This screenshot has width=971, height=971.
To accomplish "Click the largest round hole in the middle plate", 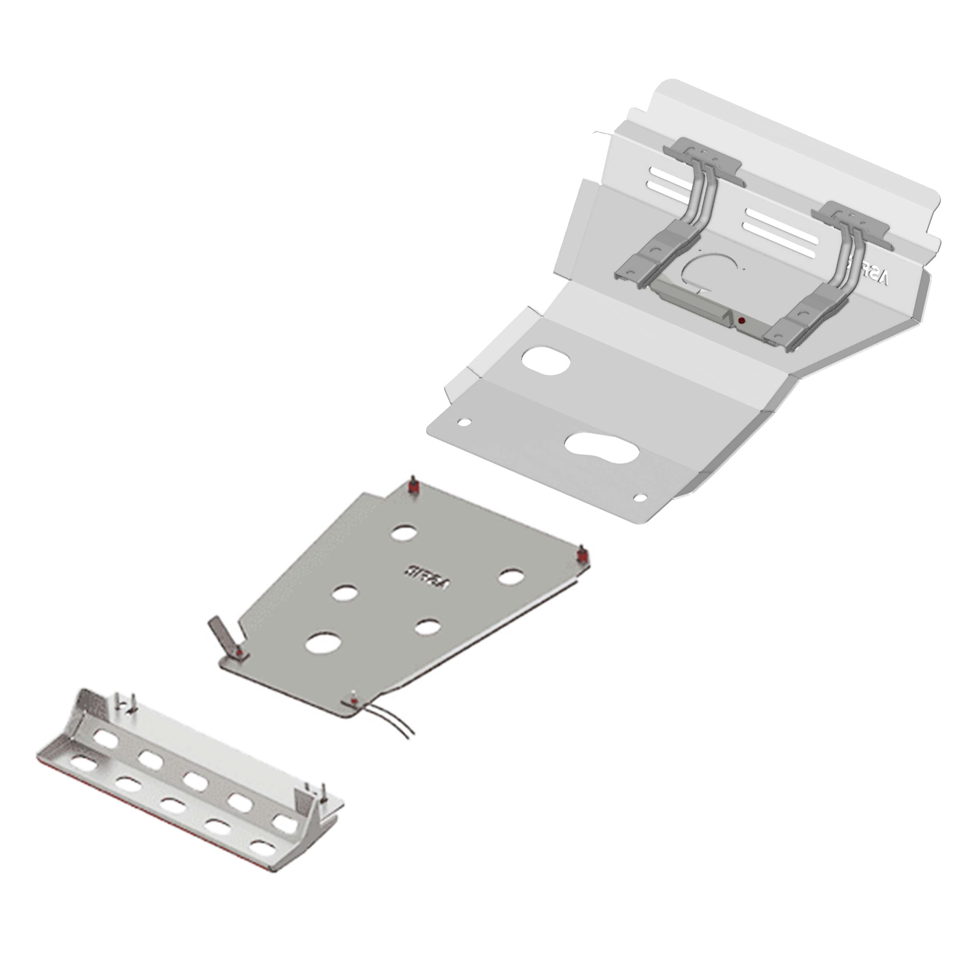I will (324, 642).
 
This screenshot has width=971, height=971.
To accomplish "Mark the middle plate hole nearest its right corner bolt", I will (510, 576).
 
